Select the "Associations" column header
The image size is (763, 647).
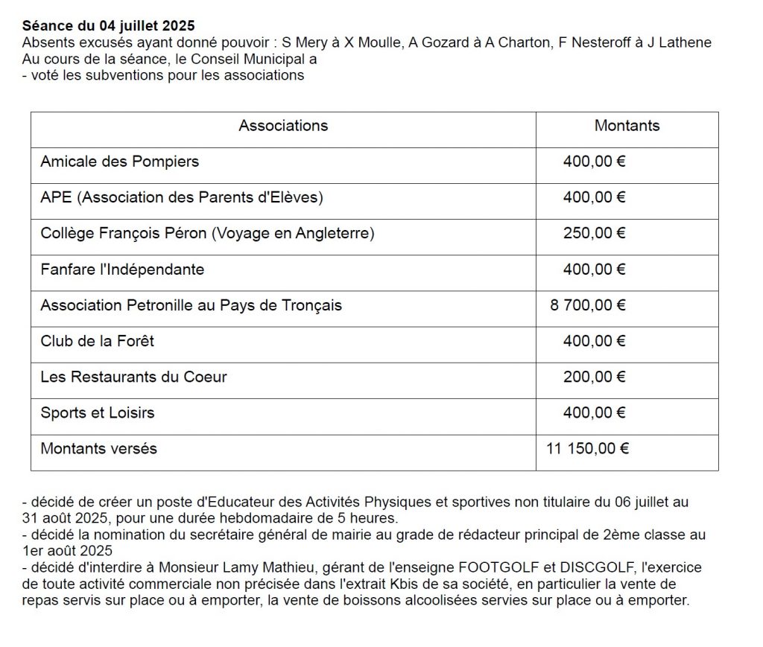(283, 126)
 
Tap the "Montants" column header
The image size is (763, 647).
(627, 126)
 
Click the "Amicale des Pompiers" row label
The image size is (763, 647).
(120, 162)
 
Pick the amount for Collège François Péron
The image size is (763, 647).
(594, 233)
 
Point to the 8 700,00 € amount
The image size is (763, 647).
(588, 305)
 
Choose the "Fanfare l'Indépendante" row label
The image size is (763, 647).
(122, 270)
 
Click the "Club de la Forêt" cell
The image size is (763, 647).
(98, 341)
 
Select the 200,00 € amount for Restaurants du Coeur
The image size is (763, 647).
(594, 377)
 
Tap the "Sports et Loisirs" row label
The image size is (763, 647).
(98, 412)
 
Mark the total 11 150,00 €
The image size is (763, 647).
(588, 448)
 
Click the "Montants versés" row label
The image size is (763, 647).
(99, 448)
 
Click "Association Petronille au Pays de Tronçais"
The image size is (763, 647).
(191, 305)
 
